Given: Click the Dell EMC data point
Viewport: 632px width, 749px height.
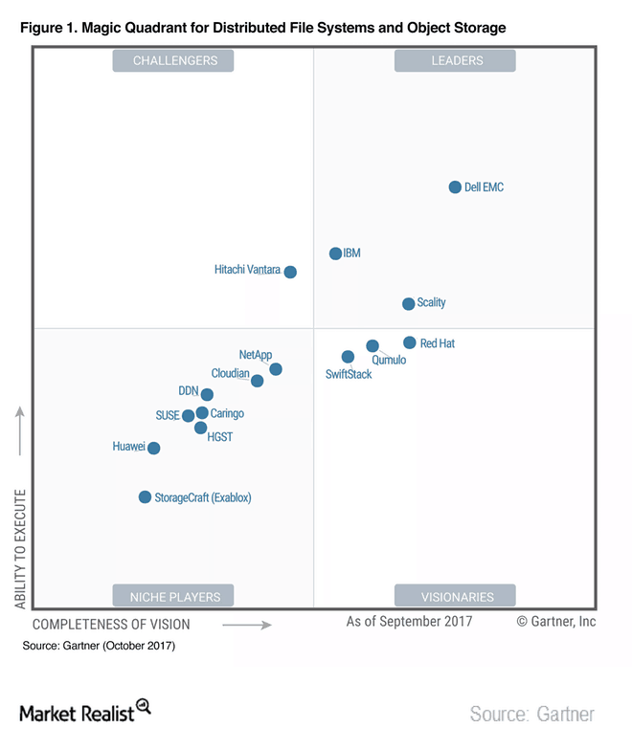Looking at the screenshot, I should click(x=456, y=187).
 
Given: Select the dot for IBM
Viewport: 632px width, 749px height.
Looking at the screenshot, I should click(x=335, y=253).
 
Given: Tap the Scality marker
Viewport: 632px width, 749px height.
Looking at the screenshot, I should click(x=409, y=304).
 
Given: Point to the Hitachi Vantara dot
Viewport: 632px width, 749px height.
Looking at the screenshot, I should click(x=290, y=272).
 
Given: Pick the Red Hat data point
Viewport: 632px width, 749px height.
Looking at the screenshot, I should click(x=410, y=342).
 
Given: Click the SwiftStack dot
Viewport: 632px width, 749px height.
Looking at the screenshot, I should click(x=348, y=357).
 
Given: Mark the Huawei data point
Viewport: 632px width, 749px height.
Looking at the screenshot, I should click(x=153, y=448).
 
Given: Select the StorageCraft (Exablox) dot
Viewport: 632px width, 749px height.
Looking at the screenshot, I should click(x=145, y=496).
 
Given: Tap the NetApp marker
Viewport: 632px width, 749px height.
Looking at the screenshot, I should click(x=276, y=369).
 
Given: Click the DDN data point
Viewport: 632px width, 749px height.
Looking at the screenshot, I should click(x=207, y=394).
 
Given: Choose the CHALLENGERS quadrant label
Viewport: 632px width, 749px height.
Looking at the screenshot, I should click(x=173, y=61).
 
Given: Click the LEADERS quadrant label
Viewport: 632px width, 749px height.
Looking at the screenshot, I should click(x=456, y=61).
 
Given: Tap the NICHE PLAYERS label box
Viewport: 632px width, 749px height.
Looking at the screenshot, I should click(x=173, y=596).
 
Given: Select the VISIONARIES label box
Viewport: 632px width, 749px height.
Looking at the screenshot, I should click(x=456, y=596).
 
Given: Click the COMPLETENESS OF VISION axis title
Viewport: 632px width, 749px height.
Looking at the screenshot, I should click(x=111, y=625).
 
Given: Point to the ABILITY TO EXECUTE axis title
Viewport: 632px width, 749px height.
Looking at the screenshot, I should click(x=20, y=550).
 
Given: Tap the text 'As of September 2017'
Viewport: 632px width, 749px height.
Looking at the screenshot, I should click(x=409, y=622).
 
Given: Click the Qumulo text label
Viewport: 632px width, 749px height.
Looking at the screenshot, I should click(x=389, y=361).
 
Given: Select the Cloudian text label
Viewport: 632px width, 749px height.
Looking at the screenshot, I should click(x=231, y=374).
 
